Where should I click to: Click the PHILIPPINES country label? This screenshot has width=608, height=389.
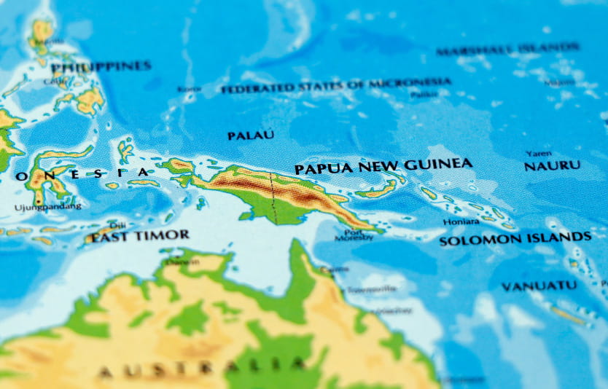[x=101, y=66]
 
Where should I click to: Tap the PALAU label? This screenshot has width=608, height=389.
[x=251, y=135]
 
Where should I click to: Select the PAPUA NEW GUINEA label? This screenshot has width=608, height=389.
[x=383, y=166]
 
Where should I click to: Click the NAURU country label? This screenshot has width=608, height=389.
[x=552, y=166]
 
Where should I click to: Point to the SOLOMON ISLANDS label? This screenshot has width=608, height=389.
[x=515, y=239]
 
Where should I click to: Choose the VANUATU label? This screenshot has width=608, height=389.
[x=539, y=286]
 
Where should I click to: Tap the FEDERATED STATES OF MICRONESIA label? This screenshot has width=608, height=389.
[x=335, y=86]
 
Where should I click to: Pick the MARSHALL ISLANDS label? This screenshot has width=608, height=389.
[x=508, y=50]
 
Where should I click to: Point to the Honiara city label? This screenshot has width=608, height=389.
[x=461, y=221]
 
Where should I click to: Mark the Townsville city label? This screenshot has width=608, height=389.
[x=366, y=289]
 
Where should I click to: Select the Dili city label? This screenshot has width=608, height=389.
[x=117, y=225]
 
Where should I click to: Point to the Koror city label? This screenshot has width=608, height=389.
[x=189, y=89]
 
